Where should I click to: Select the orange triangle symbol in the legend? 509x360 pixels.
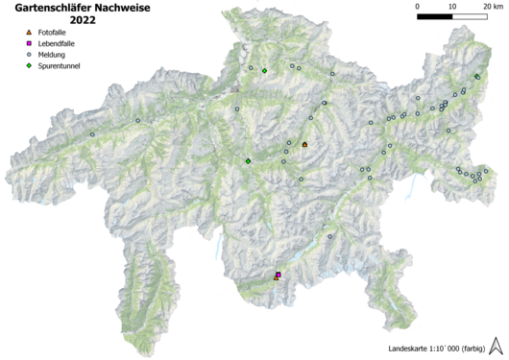pyautogui.click(x=29, y=34)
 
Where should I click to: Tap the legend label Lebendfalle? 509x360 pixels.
pyautogui.click(x=60, y=44)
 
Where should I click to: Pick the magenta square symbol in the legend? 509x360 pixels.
pyautogui.click(x=29, y=44)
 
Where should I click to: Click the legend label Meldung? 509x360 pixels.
pyautogui.click(x=55, y=55)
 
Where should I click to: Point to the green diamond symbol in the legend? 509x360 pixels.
pyautogui.click(x=29, y=65)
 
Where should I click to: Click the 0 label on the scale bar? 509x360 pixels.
pyautogui.click(x=418, y=7)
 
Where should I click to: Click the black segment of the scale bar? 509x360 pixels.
pyautogui.click(x=435, y=18)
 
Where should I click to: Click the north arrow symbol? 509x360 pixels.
pyautogui.click(x=497, y=345)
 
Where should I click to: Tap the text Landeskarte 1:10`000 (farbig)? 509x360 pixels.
pyautogui.click(x=436, y=348)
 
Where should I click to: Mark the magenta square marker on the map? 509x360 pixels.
pyautogui.click(x=278, y=275)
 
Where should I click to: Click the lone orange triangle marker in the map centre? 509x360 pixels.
pyautogui.click(x=304, y=144)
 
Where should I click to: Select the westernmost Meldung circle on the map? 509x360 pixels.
pyautogui.click(x=92, y=134)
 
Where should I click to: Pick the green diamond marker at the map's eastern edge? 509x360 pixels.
pyautogui.click(x=477, y=77)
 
